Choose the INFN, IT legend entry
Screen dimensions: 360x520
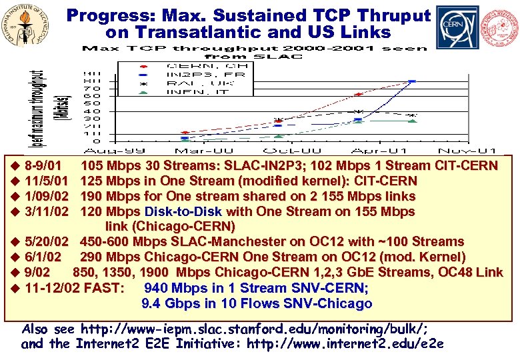tap(193, 91)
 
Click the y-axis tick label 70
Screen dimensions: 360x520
tap(96, 89)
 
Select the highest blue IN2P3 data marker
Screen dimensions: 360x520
tap(412, 81)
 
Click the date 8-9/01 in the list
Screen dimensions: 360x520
tap(44, 165)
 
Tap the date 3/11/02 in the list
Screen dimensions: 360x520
tap(47, 211)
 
